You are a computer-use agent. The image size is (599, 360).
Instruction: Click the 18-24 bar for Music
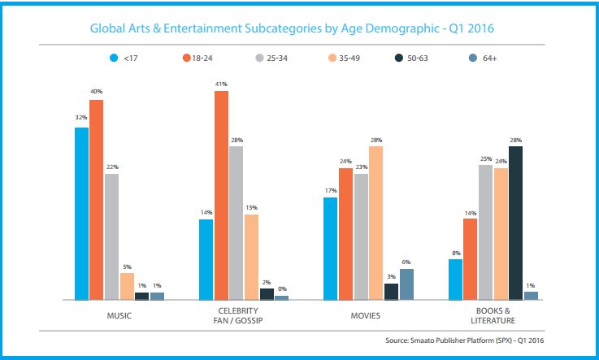(97, 200)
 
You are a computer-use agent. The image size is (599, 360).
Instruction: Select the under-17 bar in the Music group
(81, 214)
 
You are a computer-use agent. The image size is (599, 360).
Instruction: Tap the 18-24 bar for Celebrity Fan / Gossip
(221, 196)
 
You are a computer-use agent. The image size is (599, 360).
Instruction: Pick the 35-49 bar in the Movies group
(375, 223)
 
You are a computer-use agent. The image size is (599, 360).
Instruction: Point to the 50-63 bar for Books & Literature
(515, 223)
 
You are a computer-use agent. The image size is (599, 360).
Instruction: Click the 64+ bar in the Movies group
(406, 284)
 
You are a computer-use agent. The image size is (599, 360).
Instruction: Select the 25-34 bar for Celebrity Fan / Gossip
(237, 223)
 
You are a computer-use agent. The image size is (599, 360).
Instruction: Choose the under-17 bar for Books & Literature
(455, 280)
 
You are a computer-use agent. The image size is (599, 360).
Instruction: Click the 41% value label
(221, 85)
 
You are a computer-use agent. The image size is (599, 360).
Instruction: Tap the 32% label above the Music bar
(81, 118)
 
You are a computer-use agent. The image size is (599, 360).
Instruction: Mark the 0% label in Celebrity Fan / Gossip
(282, 289)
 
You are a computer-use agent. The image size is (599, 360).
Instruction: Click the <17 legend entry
(123, 58)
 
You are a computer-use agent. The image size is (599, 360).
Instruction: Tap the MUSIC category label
(119, 314)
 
